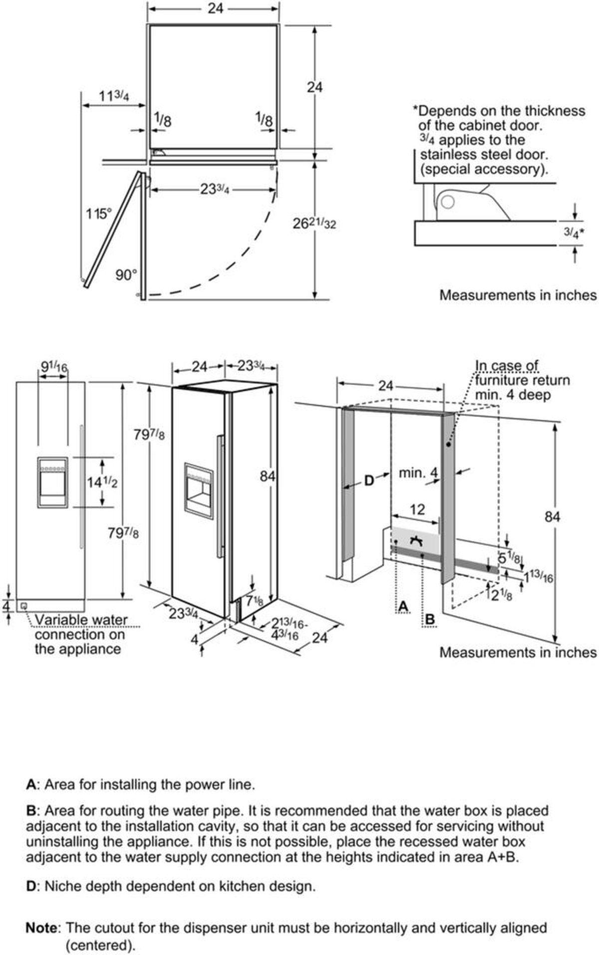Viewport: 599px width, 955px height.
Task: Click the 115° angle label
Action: (98, 214)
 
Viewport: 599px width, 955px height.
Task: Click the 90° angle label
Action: (126, 275)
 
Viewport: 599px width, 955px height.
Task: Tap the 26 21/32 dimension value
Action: (314, 224)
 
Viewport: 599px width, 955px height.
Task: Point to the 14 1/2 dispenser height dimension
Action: (102, 482)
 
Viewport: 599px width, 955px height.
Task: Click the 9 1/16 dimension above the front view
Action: (54, 367)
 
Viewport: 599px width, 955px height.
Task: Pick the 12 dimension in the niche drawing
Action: (417, 509)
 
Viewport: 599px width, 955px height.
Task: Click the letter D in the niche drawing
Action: (368, 481)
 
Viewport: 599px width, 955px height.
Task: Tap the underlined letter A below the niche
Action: (403, 607)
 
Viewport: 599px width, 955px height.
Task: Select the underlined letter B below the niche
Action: (429, 620)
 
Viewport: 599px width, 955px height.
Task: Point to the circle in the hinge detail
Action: (448, 202)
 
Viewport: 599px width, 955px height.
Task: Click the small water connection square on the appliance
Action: (23, 606)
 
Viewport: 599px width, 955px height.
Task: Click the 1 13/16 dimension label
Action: (538, 577)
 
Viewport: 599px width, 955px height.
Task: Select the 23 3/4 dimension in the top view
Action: (215, 190)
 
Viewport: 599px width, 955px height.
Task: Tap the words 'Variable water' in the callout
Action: (81, 620)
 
